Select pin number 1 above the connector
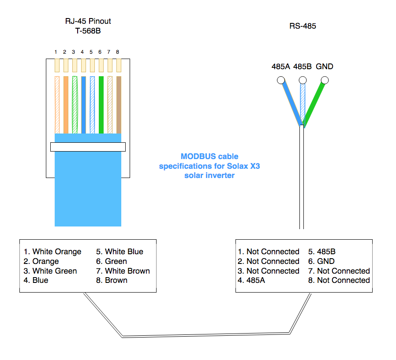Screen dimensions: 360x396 [56, 52]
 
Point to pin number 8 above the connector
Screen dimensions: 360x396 [118, 52]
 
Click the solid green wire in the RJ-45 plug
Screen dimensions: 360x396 [101, 105]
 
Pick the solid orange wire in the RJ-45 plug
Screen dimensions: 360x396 [66, 105]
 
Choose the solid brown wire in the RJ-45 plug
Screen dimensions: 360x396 [118, 105]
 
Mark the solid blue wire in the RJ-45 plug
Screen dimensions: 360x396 [83, 105]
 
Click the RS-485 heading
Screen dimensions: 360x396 [303, 26]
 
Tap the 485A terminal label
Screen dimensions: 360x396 [281, 67]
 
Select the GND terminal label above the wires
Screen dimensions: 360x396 [325, 67]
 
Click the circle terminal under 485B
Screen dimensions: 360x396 [303, 80]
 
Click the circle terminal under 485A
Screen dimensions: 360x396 [280, 80]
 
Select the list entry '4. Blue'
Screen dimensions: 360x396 [36, 280]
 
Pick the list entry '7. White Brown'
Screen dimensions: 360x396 [123, 271]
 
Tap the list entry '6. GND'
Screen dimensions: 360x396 [321, 261]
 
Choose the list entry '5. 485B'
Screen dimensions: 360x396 [322, 252]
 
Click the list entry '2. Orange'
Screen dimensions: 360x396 [41, 261]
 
